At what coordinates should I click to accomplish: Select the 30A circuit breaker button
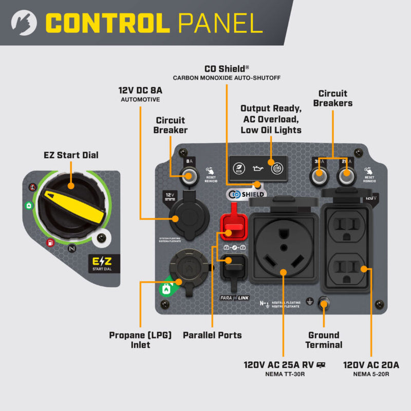tap(319, 177)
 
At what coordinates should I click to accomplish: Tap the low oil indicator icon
tap(257, 168)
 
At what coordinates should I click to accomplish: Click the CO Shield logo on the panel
tap(246, 194)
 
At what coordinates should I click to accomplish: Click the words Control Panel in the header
tap(155, 23)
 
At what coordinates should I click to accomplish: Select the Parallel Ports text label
tap(212, 335)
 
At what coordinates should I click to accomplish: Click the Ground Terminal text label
tap(324, 340)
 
